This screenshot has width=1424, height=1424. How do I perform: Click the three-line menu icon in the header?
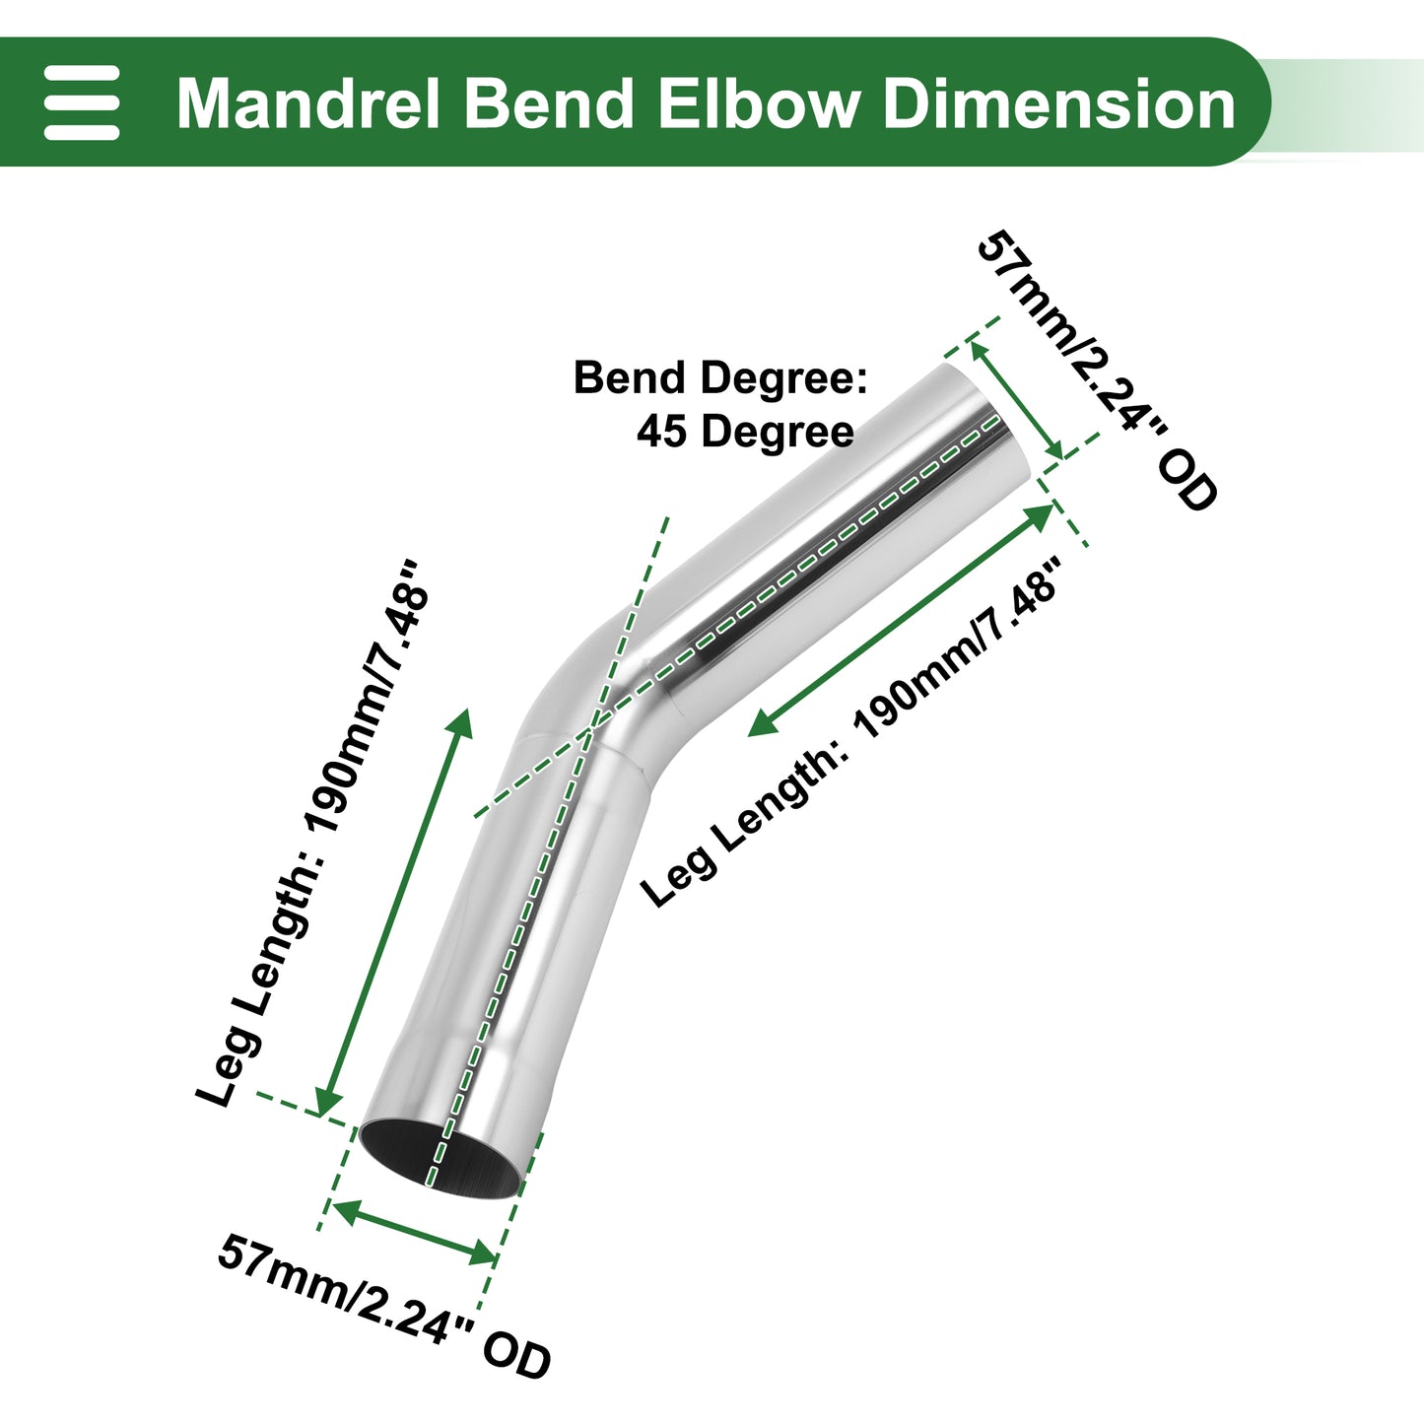click(x=81, y=102)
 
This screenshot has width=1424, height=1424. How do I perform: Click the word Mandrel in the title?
click(x=308, y=103)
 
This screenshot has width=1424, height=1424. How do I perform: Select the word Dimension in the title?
click(x=1059, y=103)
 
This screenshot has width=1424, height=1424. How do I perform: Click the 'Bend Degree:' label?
click(x=720, y=378)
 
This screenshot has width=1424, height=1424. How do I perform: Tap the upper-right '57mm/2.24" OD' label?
click(x=1097, y=371)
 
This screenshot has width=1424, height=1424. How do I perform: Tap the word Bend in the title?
click(x=549, y=103)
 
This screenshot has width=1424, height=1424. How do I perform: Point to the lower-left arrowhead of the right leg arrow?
click(x=764, y=723)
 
